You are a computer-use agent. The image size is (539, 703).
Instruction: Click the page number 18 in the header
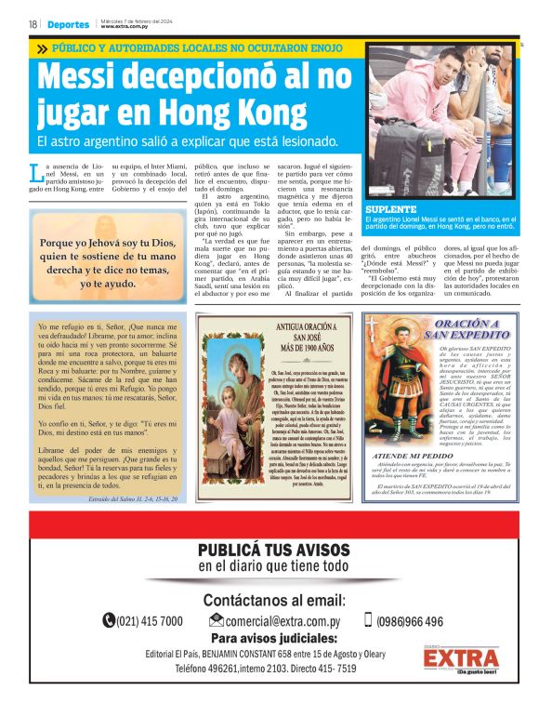pos(32,24)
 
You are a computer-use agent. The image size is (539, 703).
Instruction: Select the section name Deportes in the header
pos(70,24)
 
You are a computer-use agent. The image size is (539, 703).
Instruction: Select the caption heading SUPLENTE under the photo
pos(390,209)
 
